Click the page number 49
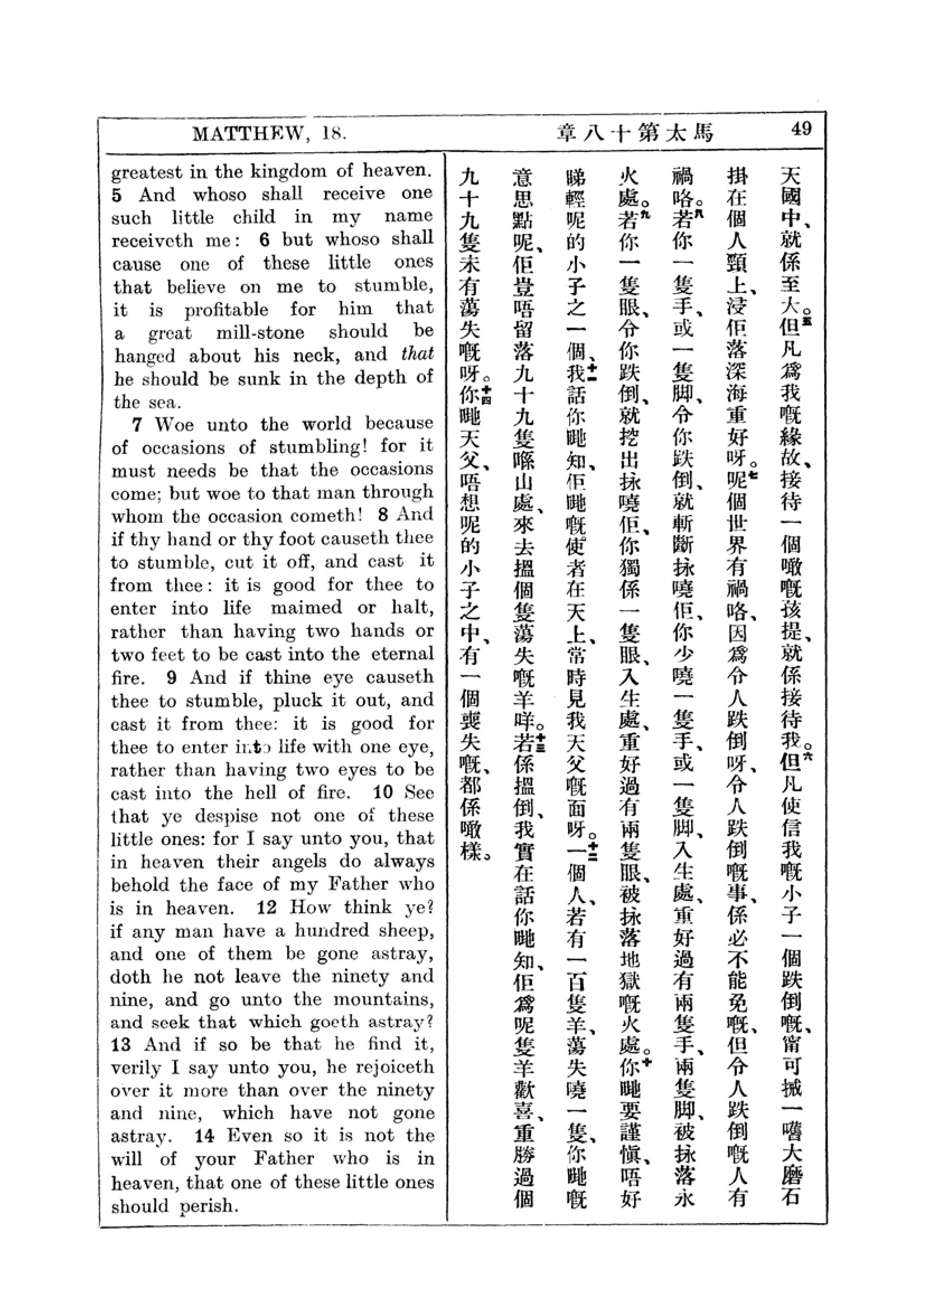(x=801, y=129)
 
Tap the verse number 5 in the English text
(x=117, y=195)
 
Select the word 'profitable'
(x=226, y=310)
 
